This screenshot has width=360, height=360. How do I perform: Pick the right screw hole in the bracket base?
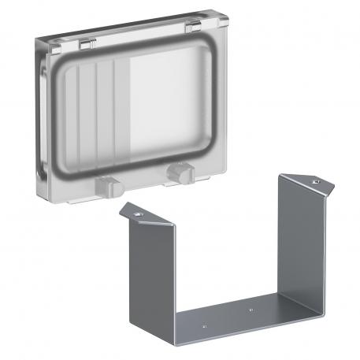[x=251, y=310]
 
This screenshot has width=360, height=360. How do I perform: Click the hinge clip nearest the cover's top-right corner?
[x=191, y=28]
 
